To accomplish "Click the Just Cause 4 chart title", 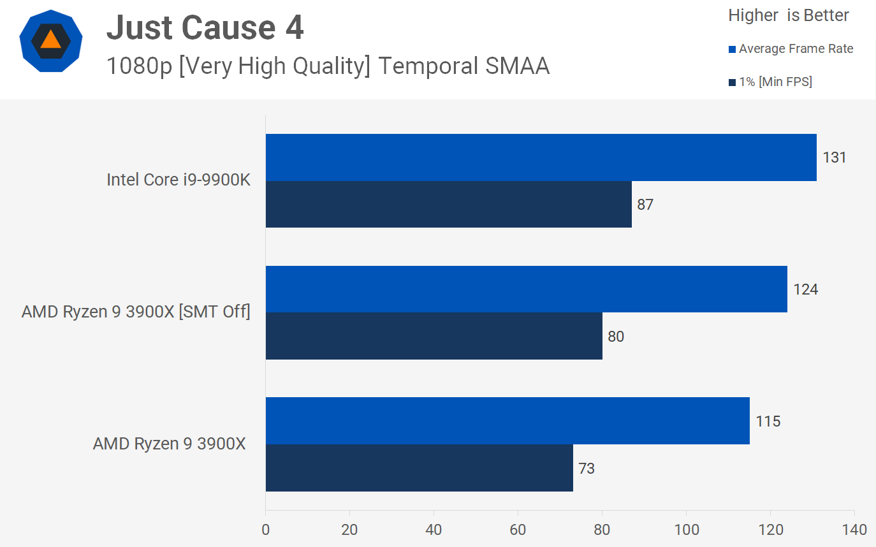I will click(205, 28).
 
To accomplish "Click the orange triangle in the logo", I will click(50, 40).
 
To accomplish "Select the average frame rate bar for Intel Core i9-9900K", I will click(541, 157).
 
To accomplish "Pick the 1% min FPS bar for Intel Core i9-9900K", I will click(448, 204).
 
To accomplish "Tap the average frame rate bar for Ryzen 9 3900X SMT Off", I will click(526, 289).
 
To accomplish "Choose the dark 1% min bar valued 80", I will click(434, 336).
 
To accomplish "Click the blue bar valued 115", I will click(507, 421).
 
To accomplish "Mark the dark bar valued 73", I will click(419, 468).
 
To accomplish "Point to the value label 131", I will click(834, 157).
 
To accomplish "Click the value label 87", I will click(645, 205).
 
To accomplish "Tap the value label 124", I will click(805, 289).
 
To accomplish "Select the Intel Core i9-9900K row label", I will click(179, 180).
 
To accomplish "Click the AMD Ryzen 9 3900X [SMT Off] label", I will click(136, 312).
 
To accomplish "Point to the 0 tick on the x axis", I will click(265, 530).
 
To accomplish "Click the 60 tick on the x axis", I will click(518, 530).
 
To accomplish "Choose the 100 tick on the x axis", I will click(686, 530).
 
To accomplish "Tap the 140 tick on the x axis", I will click(854, 530).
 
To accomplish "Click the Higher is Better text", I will click(789, 16).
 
